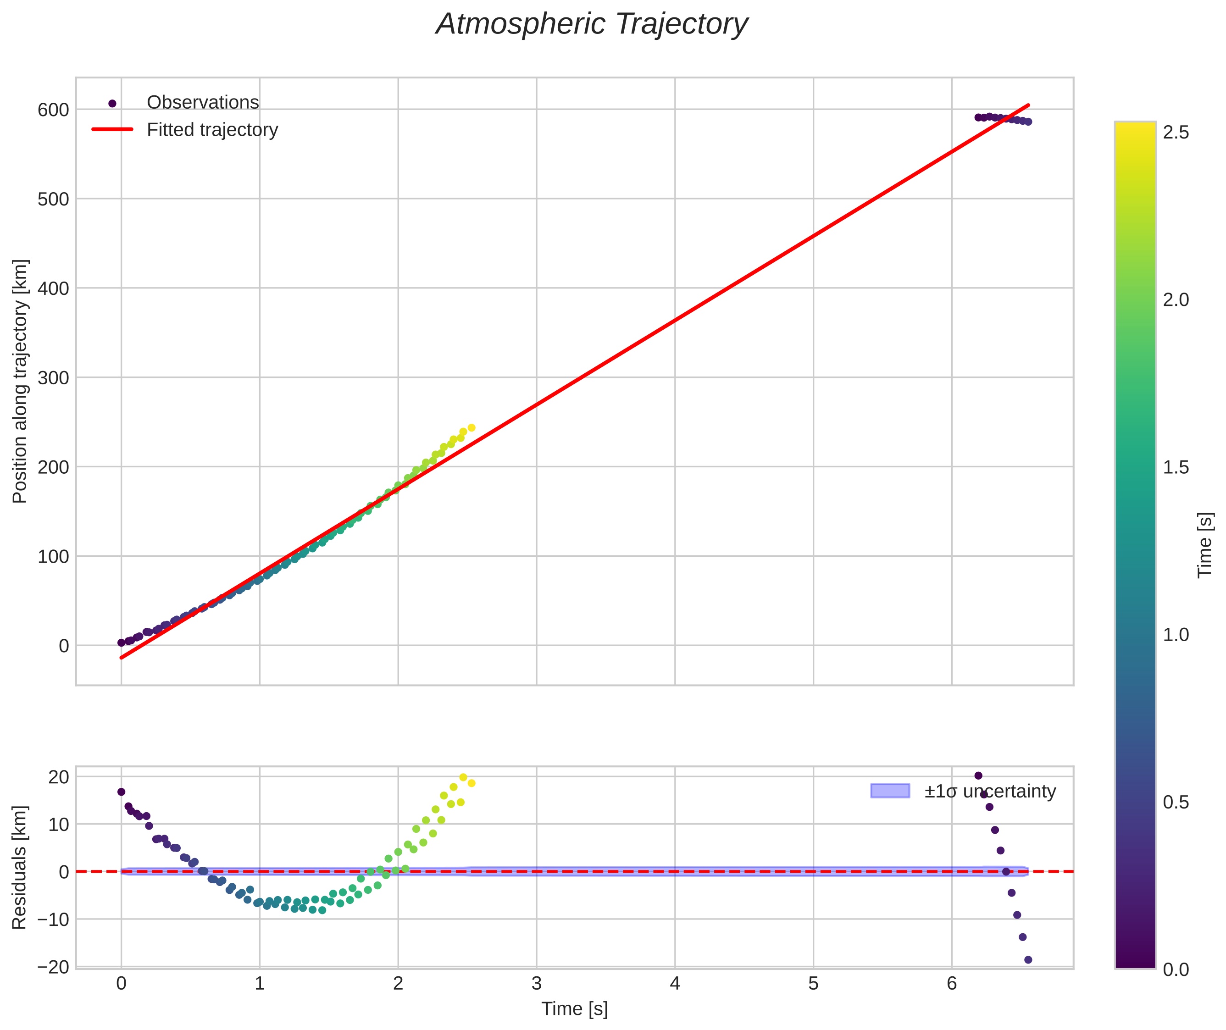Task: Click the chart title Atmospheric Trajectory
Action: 592,24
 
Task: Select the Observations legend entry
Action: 202,102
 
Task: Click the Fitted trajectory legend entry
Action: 212,130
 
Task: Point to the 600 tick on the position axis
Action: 53,110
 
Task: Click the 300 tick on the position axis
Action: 53,378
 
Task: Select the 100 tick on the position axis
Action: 53,556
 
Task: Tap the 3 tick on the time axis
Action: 536,984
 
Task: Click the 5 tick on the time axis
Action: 813,984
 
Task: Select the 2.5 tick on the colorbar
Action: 1175,133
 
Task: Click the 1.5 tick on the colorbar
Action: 1175,468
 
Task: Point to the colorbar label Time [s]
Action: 1204,545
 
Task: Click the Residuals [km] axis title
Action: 19,867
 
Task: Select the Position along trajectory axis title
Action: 19,381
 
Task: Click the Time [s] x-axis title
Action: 574,1009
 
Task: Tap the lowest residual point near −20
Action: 1028,960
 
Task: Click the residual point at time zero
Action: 121,792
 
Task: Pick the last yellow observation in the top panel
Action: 472,428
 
